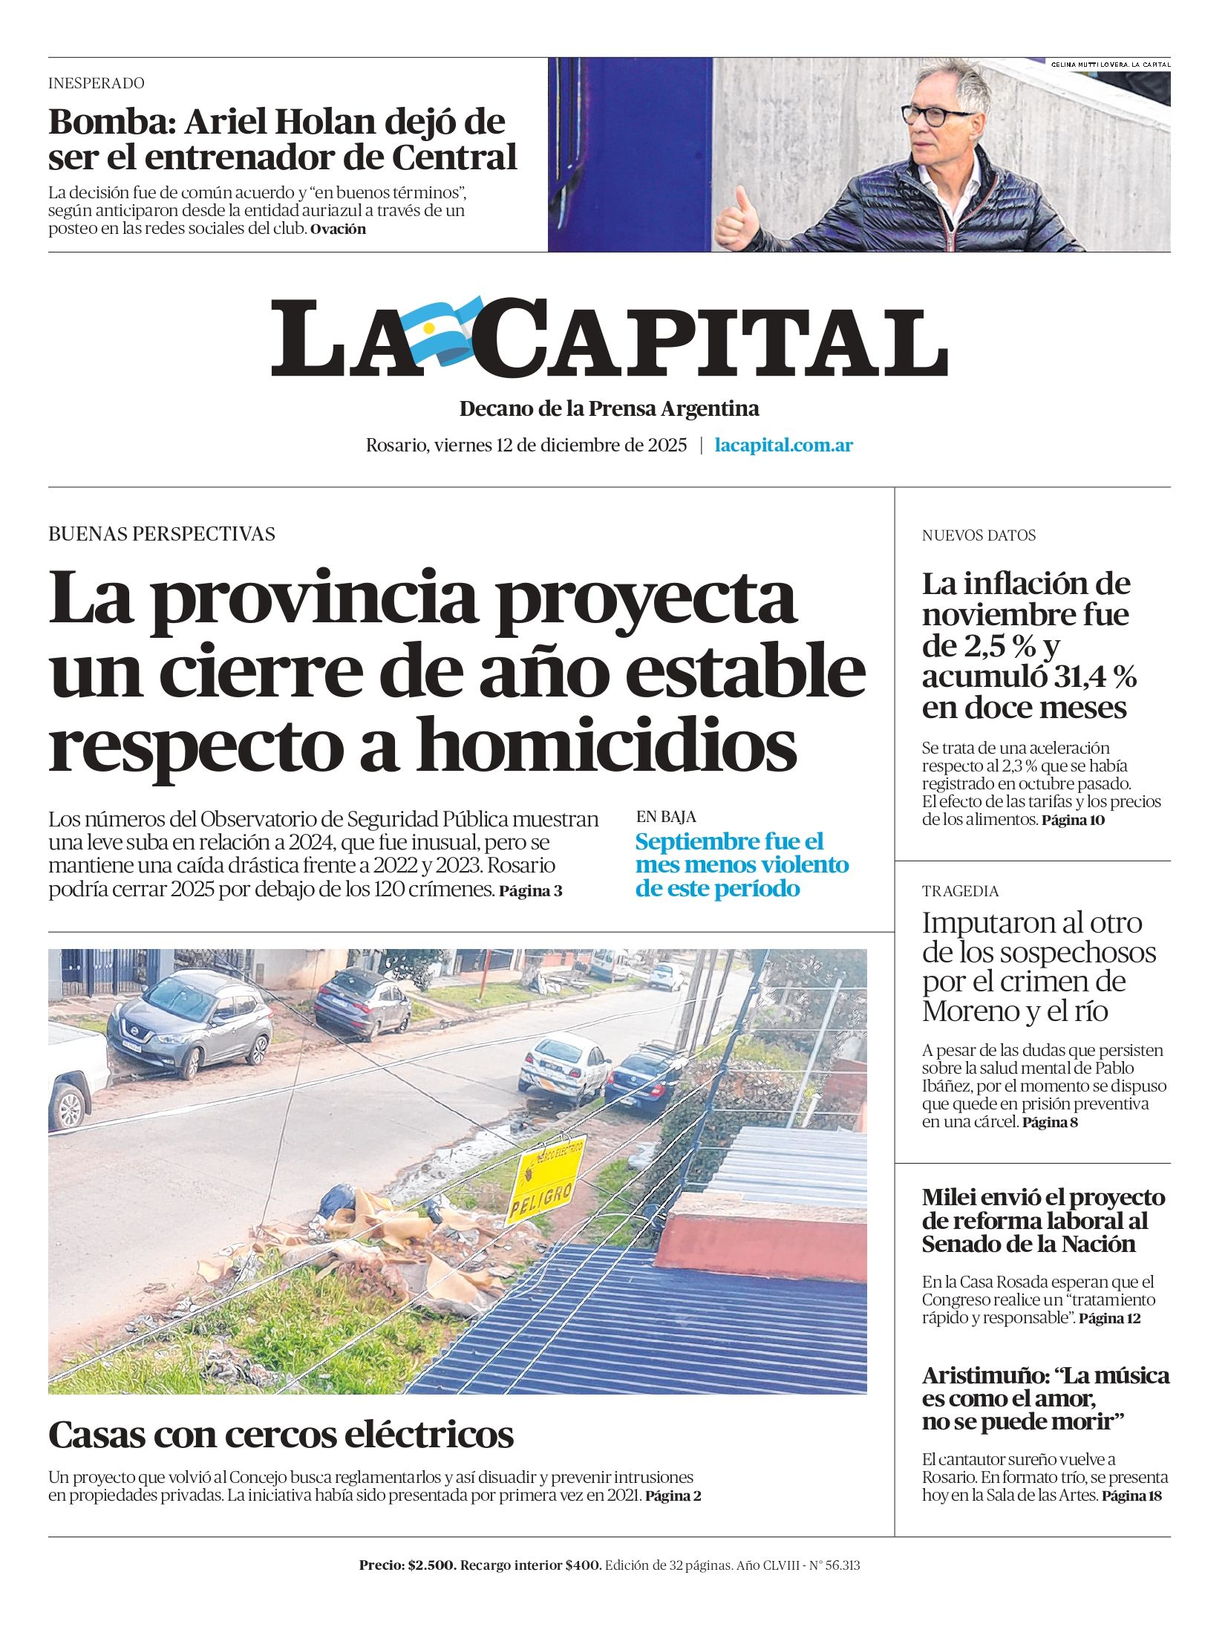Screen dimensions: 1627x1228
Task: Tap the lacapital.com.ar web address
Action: click(783, 446)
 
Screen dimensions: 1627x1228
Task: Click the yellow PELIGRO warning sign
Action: click(544, 1180)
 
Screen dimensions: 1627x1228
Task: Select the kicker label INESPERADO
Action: click(97, 83)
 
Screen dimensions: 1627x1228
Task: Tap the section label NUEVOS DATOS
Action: click(978, 535)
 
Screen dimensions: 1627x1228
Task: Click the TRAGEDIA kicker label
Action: click(960, 891)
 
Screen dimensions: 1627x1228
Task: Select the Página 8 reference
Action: click(1050, 1122)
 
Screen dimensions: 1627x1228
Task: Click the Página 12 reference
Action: click(1109, 1319)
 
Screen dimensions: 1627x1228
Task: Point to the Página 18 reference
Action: click(1131, 1496)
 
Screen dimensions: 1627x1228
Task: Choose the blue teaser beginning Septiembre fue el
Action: click(741, 865)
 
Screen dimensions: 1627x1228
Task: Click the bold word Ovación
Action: click(338, 229)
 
